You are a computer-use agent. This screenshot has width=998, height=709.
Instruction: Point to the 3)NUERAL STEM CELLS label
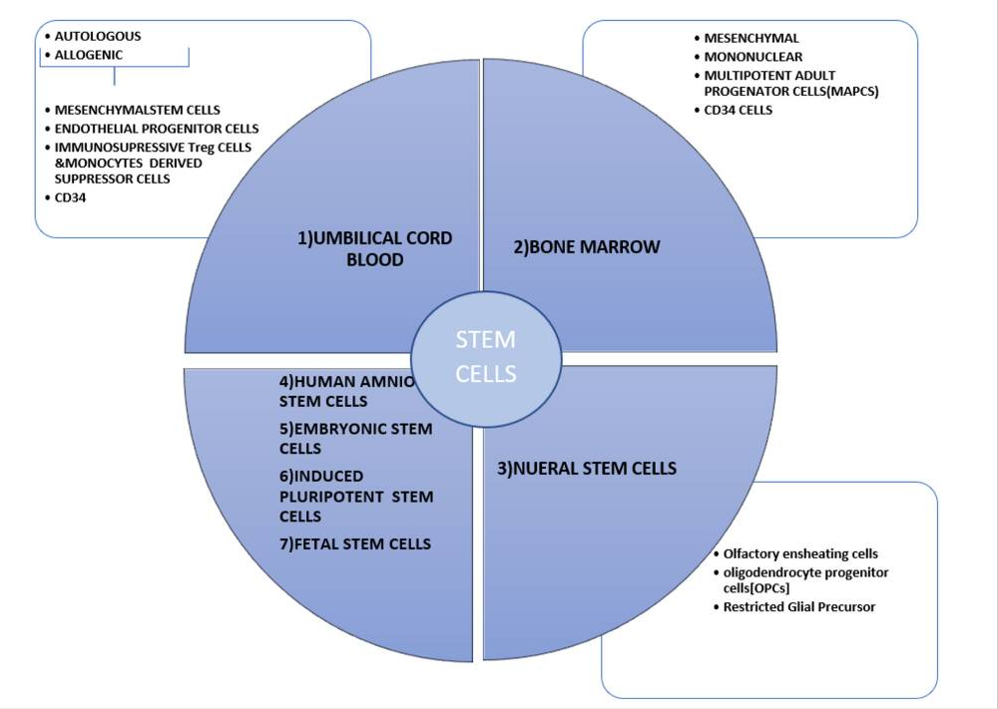click(587, 468)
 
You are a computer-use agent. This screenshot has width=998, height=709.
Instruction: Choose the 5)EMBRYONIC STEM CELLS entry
click(355, 439)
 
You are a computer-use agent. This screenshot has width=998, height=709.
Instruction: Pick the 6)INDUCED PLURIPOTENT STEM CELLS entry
click(356, 496)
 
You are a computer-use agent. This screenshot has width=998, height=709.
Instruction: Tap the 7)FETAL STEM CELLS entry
click(355, 543)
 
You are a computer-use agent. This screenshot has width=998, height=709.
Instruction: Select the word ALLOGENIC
click(89, 55)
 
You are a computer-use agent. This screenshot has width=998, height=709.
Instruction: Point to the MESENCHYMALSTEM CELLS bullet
click(138, 110)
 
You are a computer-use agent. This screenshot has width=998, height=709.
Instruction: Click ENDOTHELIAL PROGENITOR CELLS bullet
click(157, 129)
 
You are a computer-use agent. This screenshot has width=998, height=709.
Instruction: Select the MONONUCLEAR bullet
click(753, 57)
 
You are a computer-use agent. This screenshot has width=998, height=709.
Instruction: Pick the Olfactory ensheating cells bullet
click(801, 553)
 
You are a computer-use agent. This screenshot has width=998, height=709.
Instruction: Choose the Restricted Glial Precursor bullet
click(798, 606)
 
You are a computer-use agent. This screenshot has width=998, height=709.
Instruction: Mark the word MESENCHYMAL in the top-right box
click(751, 38)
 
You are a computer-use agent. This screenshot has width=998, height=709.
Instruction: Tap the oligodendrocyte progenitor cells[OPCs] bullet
click(805, 579)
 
